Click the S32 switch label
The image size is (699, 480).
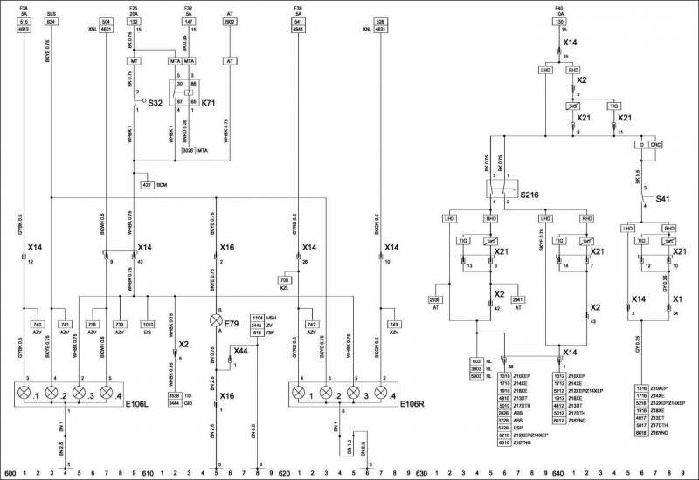155,102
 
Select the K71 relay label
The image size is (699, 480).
210,102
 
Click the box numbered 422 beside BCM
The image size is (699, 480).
147,185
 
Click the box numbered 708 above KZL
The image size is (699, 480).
284,278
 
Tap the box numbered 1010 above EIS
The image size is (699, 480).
148,324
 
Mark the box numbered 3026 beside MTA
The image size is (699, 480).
188,151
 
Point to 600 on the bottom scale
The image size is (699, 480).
10,474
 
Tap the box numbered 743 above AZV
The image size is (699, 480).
392,324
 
